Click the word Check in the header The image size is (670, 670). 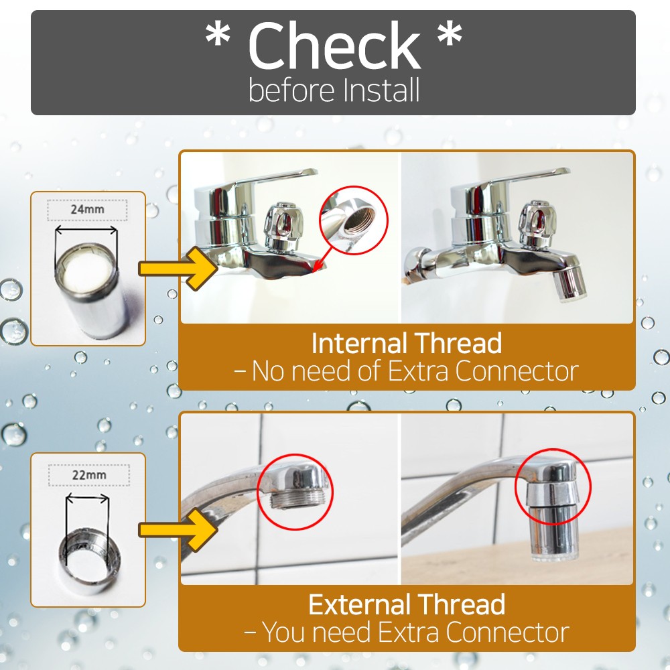coord(334,46)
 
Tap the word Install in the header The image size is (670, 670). coord(382,90)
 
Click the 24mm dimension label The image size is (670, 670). coord(87,209)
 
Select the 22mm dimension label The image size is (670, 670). coord(89,475)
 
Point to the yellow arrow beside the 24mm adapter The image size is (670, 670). coord(178,269)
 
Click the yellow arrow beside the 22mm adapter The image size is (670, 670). coord(178,530)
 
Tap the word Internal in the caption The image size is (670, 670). coord(359,343)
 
